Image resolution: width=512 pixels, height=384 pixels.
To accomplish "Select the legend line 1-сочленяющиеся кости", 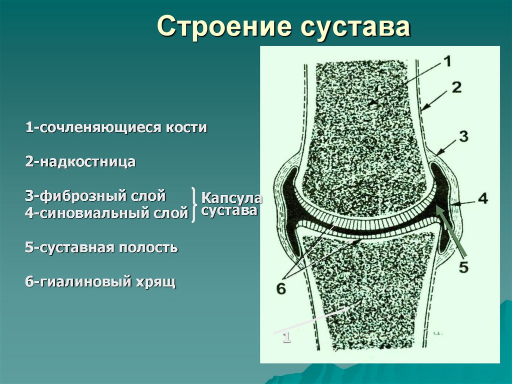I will coord(116,127).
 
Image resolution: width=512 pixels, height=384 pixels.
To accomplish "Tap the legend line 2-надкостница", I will coord(80,162).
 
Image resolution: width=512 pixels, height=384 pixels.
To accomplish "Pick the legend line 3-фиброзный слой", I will coord(95,195).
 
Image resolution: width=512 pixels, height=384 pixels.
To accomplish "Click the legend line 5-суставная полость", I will coord(101,247).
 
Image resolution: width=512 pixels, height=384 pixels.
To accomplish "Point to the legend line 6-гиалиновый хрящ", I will coord(100,282).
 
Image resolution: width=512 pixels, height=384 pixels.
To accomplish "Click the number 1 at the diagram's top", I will coord(446,62).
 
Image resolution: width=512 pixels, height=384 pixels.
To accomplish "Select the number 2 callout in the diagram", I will coord(455,88).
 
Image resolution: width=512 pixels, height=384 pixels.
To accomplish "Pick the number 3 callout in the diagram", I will coord(463,137).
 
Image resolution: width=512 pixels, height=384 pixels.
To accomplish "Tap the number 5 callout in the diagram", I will coord(463,267).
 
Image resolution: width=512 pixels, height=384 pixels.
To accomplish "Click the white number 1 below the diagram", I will coord(286,337).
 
